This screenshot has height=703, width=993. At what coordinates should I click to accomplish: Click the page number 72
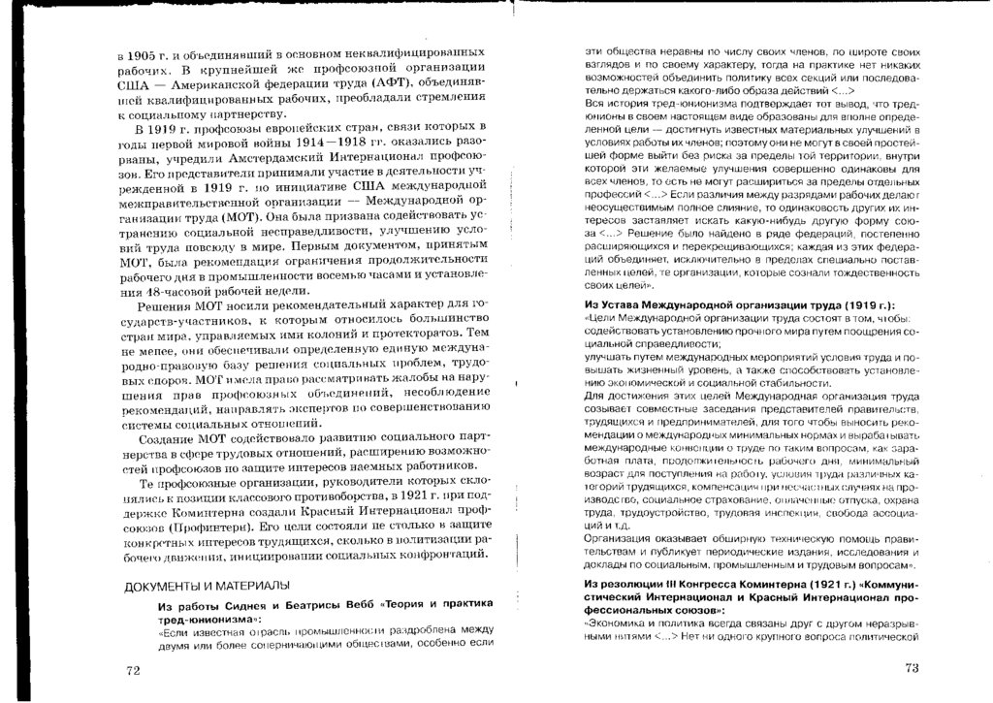tap(135, 669)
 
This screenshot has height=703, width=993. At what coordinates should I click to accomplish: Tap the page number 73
tap(911, 668)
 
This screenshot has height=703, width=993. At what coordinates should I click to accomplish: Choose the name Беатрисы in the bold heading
tap(320, 603)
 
